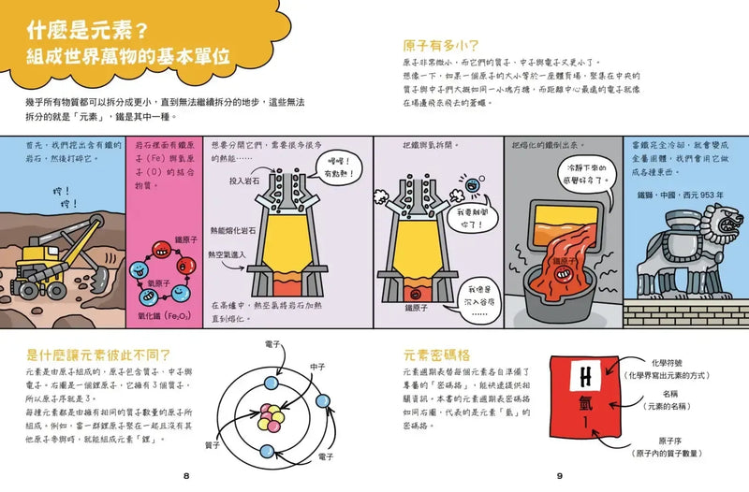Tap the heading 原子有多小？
pos(440,44)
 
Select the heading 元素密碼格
pos(436,355)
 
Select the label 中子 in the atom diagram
pos(317,366)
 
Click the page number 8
pos(186,476)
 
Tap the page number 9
pos(559,476)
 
